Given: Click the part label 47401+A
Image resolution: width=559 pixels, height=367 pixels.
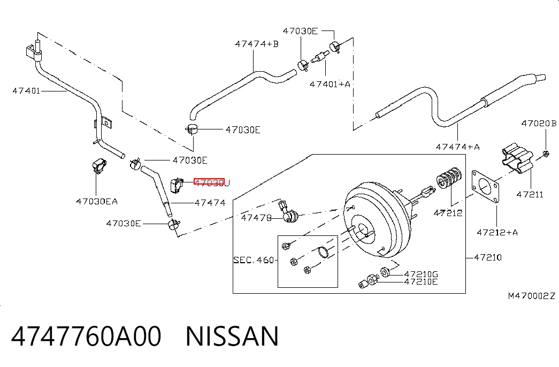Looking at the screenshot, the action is pyautogui.click(x=330, y=84).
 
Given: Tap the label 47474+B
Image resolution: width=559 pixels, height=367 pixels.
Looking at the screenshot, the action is pyautogui.click(x=257, y=44).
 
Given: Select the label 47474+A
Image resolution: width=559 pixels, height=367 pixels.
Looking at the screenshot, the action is pyautogui.click(x=458, y=147).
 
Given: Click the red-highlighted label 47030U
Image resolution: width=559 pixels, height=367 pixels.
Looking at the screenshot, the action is pyautogui.click(x=212, y=182).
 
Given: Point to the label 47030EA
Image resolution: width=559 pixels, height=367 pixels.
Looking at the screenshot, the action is pyautogui.click(x=97, y=202).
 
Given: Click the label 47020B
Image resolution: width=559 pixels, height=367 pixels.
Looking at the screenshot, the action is pyautogui.click(x=539, y=124).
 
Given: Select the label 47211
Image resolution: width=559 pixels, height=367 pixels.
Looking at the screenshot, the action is pyautogui.click(x=530, y=194).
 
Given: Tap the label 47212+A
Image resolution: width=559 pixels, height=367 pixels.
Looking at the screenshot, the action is pyautogui.click(x=497, y=233).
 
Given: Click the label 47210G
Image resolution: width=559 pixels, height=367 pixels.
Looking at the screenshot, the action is pyautogui.click(x=421, y=274).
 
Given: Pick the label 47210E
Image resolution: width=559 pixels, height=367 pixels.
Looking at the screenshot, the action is pyautogui.click(x=421, y=282).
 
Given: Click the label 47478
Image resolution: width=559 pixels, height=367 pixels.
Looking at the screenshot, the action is pyautogui.click(x=256, y=218).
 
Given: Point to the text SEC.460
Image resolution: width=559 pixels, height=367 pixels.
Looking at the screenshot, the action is pyautogui.click(x=254, y=260).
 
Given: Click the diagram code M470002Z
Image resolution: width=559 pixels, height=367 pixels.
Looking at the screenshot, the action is pyautogui.click(x=532, y=296).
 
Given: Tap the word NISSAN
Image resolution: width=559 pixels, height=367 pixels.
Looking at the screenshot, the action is pyautogui.click(x=232, y=336).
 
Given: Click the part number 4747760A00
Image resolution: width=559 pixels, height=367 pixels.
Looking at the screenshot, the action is pyautogui.click(x=86, y=336).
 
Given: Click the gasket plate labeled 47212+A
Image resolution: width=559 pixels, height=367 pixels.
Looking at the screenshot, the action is pyautogui.click(x=485, y=186).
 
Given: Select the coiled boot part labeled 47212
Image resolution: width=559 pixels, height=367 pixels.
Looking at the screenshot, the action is pyautogui.click(x=449, y=178).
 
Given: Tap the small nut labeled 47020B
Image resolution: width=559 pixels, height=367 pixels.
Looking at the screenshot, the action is pyautogui.click(x=546, y=154).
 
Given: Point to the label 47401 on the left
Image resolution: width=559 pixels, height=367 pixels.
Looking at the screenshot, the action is pyautogui.click(x=26, y=90).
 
